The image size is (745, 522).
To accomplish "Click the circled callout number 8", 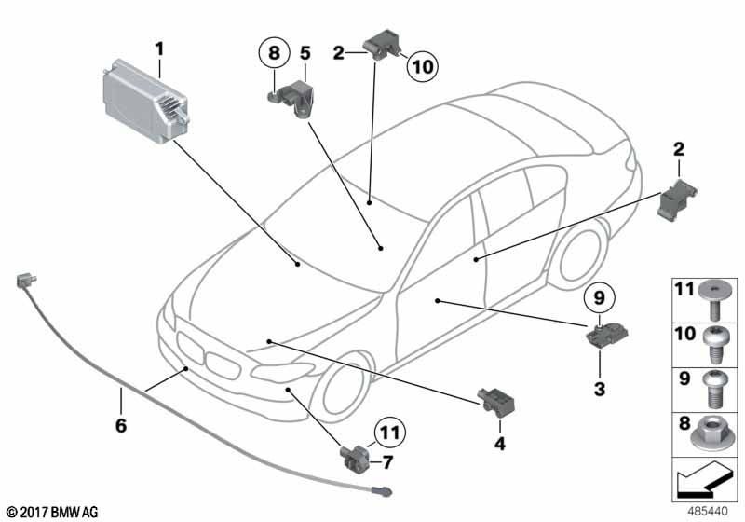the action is click(274, 52).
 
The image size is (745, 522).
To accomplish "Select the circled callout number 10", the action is click(423, 66).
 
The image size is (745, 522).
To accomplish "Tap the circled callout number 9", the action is click(599, 298).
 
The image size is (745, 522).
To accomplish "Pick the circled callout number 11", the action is click(389, 433).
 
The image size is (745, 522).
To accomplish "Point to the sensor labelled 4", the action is click(496, 402).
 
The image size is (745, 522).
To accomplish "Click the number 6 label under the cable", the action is click(121, 425).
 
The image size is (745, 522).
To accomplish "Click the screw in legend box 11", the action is click(711, 299).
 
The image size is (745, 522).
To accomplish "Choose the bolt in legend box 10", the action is click(711, 346).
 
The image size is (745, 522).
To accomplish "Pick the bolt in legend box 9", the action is click(712, 390).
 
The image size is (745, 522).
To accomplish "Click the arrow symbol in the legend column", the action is click(704, 479).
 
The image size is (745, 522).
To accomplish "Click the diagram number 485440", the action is click(708, 512).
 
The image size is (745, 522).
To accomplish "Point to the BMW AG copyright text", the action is click(53, 513).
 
